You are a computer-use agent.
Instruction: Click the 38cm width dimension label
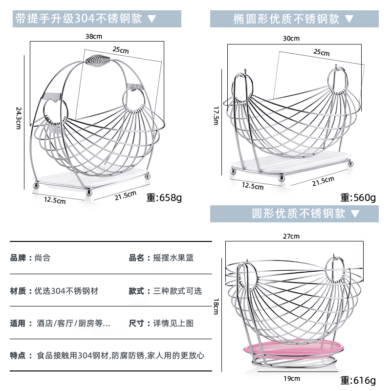93,36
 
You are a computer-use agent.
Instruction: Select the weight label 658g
164,198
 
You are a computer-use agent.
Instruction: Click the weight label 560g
358,197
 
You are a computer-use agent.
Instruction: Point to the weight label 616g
358,380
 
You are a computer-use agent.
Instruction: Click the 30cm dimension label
291,38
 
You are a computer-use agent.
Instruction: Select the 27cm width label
291,236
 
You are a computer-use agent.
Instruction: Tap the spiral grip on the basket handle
96,61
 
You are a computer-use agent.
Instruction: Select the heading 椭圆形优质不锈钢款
286,19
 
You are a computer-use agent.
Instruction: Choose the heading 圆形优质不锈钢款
299,214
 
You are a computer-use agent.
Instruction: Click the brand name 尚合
43,258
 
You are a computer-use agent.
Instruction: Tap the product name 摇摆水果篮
174,258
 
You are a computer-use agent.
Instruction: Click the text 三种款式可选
177,291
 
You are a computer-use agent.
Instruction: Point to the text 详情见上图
174,323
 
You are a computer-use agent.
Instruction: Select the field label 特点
18,356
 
